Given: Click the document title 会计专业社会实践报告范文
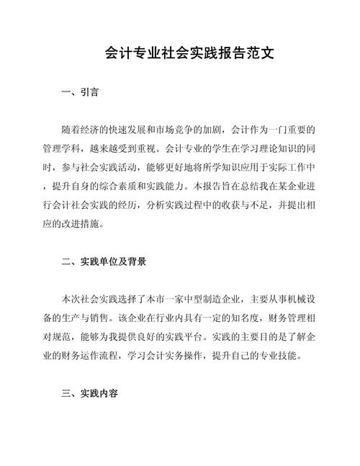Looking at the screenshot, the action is click(x=180, y=55).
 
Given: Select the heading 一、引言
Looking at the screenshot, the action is click(x=81, y=92).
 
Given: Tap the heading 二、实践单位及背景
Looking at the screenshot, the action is click(x=105, y=261).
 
